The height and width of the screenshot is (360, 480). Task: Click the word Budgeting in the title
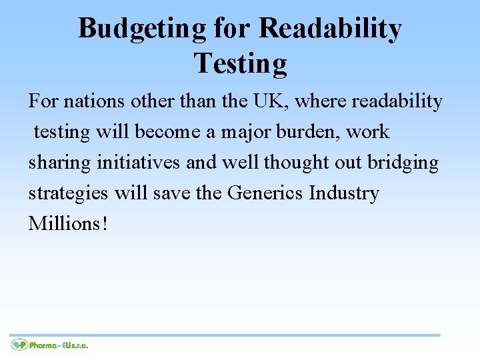142,28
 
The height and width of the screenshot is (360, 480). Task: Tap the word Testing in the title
240,63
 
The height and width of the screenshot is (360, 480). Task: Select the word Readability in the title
330,28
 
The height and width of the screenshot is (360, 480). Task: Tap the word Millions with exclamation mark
67,223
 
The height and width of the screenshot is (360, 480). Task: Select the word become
170,132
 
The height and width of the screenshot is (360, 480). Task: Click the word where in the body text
321,101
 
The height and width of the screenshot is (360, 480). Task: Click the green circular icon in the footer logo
19,345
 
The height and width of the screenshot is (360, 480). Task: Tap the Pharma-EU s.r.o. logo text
59,345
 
